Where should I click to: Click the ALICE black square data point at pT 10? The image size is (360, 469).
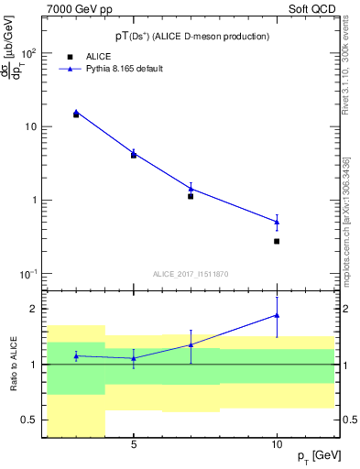tap(277, 241)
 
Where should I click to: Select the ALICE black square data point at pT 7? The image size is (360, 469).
tap(191, 196)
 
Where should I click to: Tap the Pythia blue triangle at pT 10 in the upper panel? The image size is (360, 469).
tap(277, 222)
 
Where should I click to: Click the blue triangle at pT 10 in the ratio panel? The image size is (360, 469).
tap(277, 315)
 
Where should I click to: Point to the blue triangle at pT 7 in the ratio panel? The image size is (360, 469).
tap(191, 344)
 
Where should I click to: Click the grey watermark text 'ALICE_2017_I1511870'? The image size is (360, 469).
tap(191, 274)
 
